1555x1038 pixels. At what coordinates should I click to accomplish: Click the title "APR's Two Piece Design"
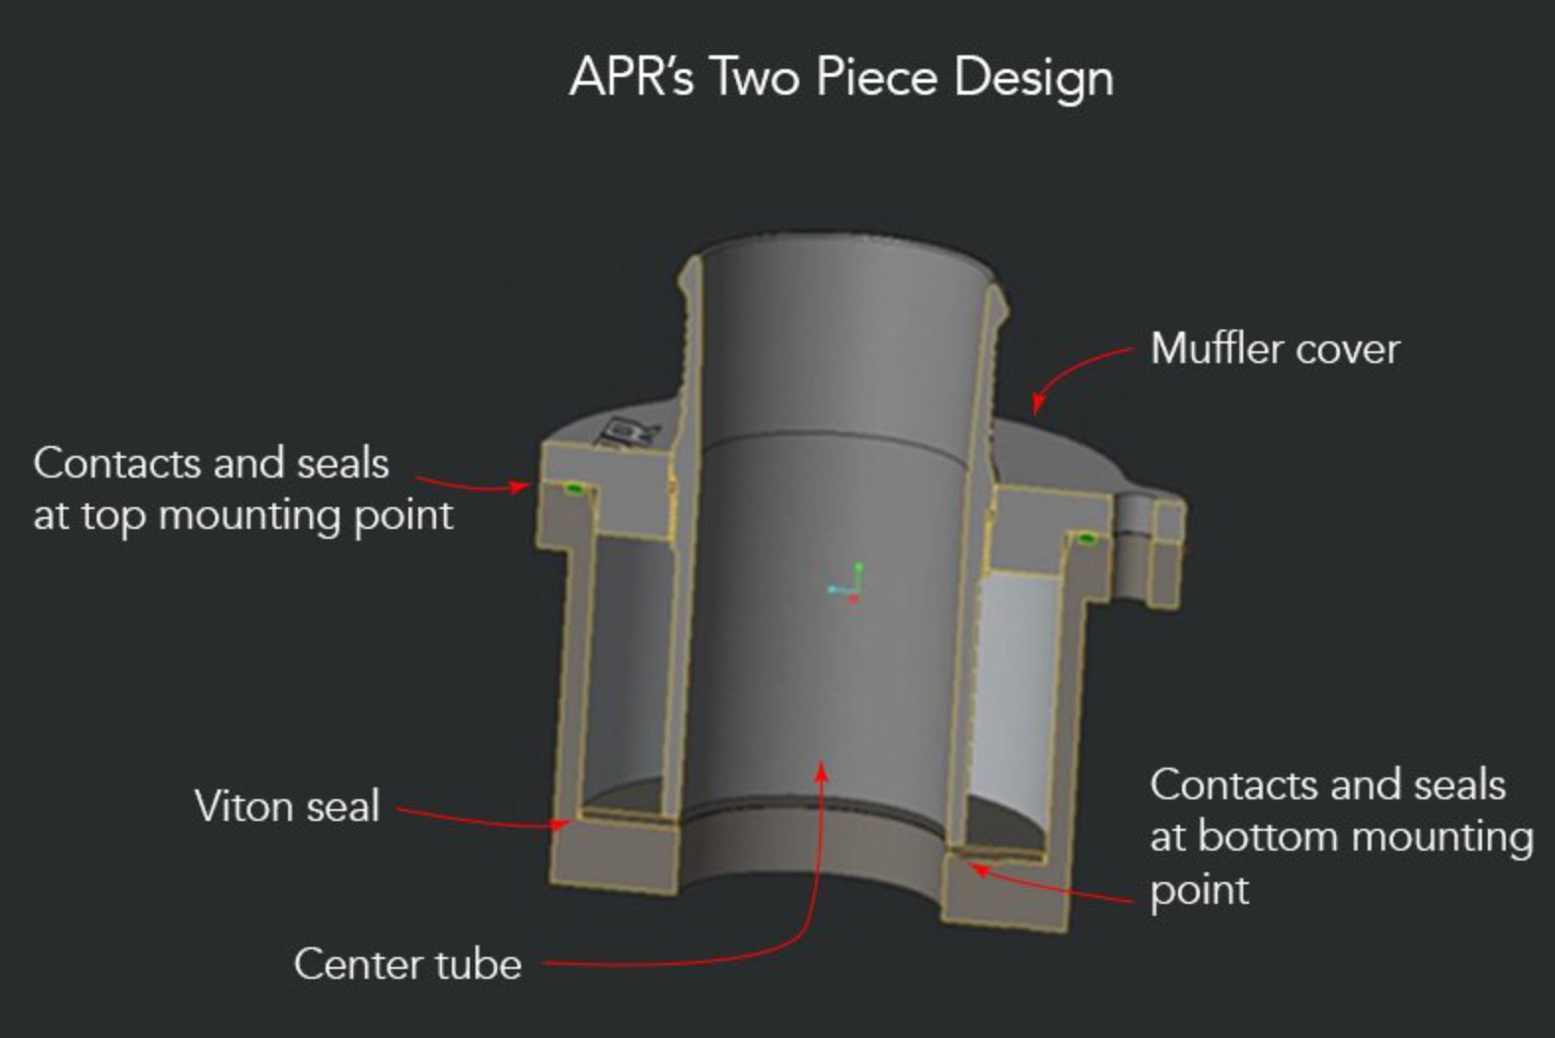(x=842, y=78)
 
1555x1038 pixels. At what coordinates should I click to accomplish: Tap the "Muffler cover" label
(x=1275, y=348)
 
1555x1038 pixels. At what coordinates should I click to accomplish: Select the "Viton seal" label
(x=287, y=806)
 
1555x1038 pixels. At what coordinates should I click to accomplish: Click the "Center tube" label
(x=407, y=964)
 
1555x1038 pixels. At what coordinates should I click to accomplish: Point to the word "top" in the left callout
(x=113, y=517)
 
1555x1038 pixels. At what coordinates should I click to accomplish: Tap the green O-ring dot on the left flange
(x=573, y=489)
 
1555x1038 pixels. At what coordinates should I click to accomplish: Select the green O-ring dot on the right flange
(x=1085, y=538)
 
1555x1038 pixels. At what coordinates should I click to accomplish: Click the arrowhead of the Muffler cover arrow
(x=1037, y=405)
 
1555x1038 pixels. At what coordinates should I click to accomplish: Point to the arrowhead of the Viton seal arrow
(x=560, y=824)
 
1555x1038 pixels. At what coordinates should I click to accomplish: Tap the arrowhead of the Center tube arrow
(x=822, y=771)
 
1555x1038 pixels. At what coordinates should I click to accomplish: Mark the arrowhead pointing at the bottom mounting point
(x=979, y=868)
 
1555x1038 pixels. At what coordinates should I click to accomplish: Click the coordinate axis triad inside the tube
(x=847, y=583)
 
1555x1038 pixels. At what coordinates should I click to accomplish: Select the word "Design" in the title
(x=1034, y=79)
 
